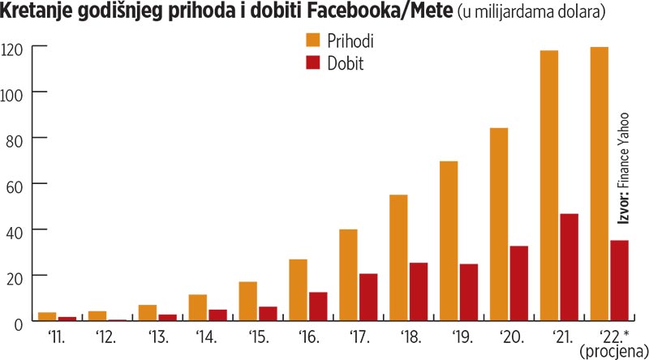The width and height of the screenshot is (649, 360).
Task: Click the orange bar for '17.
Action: tap(348, 275)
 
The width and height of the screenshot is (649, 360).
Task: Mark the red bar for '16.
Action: tap(317, 306)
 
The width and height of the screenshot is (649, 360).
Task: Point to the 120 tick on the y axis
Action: tap(14, 47)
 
